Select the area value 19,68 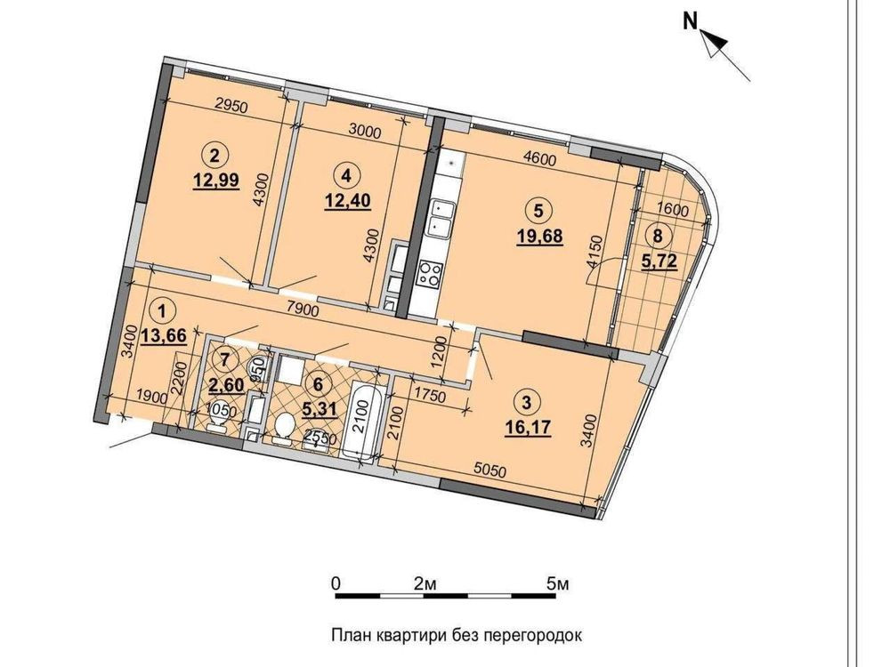click(539, 235)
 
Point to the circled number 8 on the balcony click(658, 237)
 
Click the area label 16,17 click(527, 425)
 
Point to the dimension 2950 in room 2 click(231, 107)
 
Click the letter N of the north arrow click(690, 21)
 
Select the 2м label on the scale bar click(425, 584)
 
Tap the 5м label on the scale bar click(557, 584)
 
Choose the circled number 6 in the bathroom click(318, 384)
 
